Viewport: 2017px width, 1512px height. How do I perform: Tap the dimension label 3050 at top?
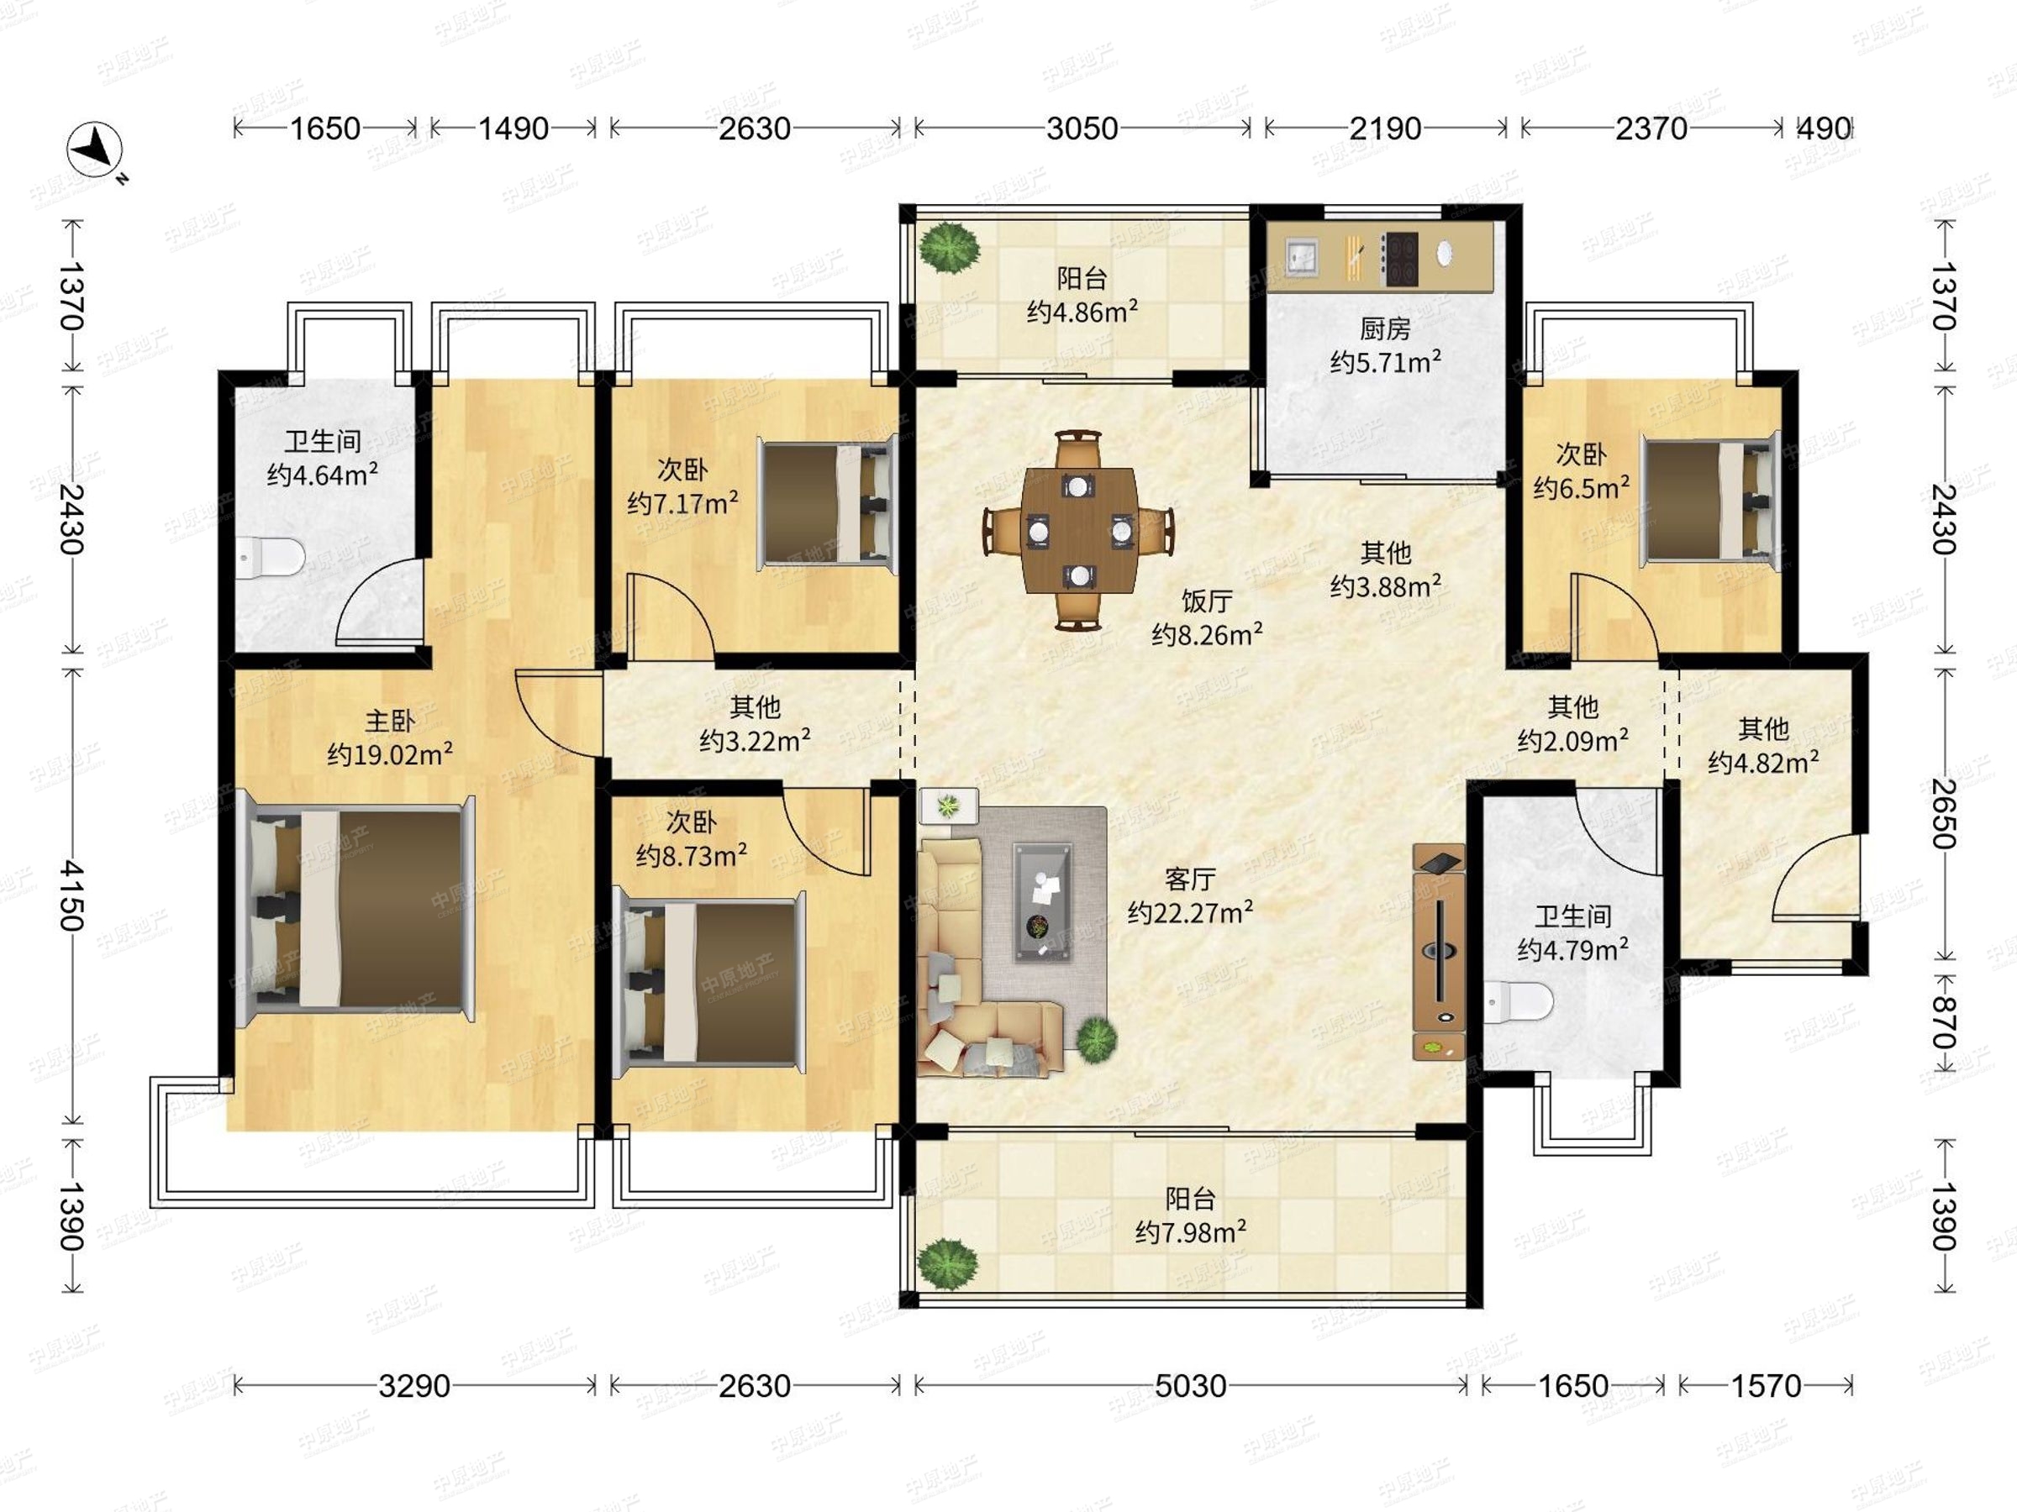point(1082,129)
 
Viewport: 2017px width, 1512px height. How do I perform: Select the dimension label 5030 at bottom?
point(1190,1386)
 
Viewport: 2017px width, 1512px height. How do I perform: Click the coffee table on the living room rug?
point(1043,901)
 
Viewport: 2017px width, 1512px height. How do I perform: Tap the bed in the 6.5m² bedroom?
point(1710,501)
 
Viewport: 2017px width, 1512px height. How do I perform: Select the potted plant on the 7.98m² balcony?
point(948,1263)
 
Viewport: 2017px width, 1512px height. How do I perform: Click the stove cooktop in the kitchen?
point(1399,259)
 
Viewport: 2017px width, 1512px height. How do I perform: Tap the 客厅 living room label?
point(1190,879)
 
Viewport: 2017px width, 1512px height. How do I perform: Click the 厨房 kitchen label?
point(1385,328)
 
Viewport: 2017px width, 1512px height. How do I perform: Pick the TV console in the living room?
point(1439,952)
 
